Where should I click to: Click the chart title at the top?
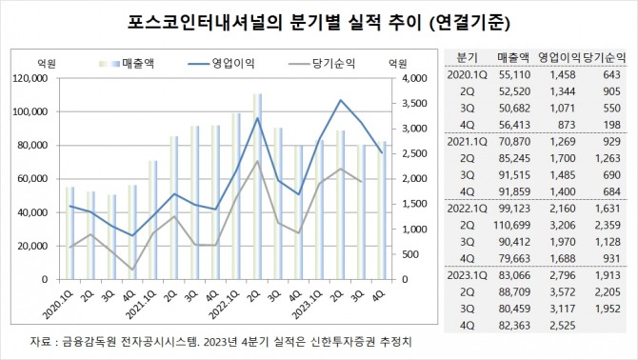point(318,21)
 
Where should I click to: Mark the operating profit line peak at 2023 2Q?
point(340,100)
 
